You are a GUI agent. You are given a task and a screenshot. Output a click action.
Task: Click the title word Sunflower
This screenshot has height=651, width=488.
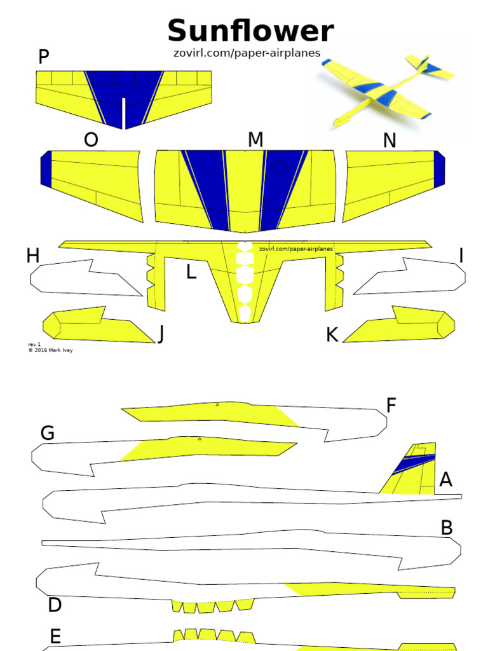click(x=250, y=32)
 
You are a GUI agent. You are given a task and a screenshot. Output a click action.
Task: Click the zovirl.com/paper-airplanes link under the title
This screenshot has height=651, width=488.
click(x=247, y=53)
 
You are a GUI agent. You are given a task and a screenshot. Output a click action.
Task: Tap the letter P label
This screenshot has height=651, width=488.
click(x=43, y=57)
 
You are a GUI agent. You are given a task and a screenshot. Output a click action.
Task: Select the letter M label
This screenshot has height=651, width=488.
click(x=255, y=140)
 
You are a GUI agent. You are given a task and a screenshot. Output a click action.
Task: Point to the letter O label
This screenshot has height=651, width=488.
click(x=91, y=140)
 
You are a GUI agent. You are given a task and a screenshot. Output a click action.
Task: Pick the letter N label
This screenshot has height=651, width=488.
click(x=390, y=140)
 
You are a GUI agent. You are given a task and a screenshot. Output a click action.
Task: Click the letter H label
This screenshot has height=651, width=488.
click(x=33, y=256)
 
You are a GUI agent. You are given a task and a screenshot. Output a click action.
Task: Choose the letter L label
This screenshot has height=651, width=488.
click(x=191, y=273)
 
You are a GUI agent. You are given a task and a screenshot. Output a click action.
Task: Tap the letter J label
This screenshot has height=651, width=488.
click(x=161, y=334)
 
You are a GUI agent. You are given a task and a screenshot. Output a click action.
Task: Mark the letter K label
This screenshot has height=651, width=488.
click(x=332, y=335)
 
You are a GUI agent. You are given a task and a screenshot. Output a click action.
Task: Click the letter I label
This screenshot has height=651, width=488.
click(x=461, y=256)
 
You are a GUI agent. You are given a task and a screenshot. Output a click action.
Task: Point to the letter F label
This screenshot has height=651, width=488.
click(x=391, y=405)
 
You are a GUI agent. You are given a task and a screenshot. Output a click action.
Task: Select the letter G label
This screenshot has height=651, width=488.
click(x=48, y=434)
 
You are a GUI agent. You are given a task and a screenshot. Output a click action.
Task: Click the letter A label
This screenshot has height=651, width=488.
click(x=446, y=480)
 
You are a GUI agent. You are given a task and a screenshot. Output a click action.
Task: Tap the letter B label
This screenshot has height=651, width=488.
click(x=447, y=528)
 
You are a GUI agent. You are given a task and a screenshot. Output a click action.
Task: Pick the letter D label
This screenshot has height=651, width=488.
click(x=55, y=605)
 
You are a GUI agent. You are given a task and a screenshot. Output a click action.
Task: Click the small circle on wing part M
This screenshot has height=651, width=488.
click(x=280, y=167)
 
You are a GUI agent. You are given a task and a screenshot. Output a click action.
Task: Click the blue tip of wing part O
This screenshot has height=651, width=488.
click(x=46, y=169)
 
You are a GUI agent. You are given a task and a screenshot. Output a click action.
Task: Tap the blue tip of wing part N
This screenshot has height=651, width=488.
click(x=440, y=169)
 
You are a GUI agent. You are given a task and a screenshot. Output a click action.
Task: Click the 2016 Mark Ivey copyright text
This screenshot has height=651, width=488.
click(x=50, y=350)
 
